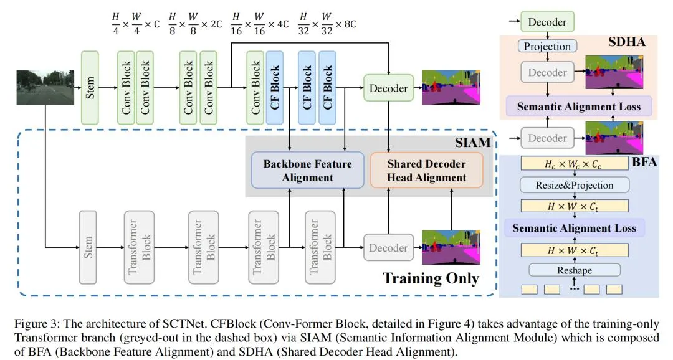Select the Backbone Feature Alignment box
click(307, 170)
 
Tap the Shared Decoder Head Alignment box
click(426, 170)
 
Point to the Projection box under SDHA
click(547, 47)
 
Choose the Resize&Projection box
click(574, 185)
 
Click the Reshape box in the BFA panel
click(575, 270)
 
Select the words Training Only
click(431, 278)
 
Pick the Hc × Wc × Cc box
click(574, 164)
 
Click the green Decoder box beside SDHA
click(547, 22)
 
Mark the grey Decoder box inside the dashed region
click(388, 248)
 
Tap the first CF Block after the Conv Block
click(275, 87)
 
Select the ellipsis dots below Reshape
click(574, 289)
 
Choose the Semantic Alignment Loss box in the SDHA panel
click(578, 107)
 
